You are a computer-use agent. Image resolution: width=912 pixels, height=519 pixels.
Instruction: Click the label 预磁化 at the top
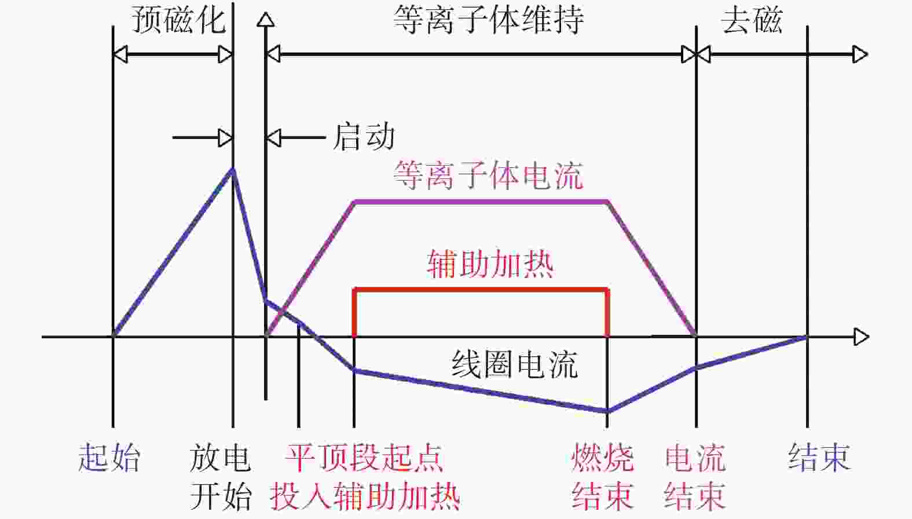178,20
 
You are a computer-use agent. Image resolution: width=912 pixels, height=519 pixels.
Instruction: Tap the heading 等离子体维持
488,20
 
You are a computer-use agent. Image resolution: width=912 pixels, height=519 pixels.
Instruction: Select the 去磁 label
752,20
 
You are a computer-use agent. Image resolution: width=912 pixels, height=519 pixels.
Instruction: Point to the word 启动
364,137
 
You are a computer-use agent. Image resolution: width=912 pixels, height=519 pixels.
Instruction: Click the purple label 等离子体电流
488,176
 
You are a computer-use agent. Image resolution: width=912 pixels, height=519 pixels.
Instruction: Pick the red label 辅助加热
490,264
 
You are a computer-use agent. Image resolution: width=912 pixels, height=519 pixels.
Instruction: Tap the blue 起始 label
109,458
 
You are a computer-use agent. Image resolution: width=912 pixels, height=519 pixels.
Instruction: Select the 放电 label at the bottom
220,458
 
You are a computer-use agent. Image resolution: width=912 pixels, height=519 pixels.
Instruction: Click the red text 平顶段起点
364,458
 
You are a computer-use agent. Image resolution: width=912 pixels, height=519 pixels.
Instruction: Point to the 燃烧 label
603,458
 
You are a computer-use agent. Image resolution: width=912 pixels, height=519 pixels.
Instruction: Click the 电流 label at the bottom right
695,458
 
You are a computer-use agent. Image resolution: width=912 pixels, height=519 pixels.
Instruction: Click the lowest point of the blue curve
607,411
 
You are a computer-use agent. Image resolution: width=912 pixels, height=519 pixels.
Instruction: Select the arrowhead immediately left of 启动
273,138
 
